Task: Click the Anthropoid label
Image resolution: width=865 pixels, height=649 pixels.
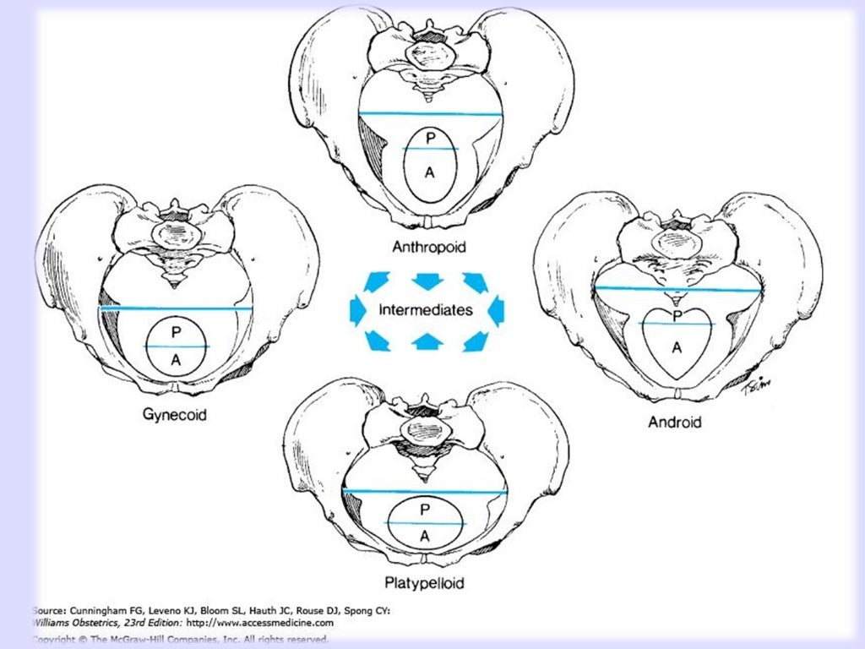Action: [429, 247]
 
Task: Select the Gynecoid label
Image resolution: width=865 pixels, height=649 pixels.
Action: [176, 415]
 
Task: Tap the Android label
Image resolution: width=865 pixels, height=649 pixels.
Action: [674, 421]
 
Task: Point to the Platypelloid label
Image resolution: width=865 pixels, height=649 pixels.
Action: [423, 582]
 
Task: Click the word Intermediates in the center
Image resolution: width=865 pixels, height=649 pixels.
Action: [426, 310]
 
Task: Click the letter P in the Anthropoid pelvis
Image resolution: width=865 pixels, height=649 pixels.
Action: [430, 138]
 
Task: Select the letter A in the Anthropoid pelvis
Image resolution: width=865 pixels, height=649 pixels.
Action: [429, 172]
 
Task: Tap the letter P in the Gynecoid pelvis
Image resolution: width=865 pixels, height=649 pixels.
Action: [176, 333]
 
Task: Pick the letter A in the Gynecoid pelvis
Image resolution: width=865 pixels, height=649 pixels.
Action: [176, 360]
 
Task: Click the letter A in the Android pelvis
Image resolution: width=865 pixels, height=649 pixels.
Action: [677, 346]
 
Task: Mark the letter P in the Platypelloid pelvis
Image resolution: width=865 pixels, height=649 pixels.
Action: [425, 509]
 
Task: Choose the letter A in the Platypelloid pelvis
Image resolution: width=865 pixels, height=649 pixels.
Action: [425, 536]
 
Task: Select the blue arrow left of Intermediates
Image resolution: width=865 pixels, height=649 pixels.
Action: [358, 310]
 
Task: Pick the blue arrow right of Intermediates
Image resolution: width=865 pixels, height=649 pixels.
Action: [496, 310]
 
